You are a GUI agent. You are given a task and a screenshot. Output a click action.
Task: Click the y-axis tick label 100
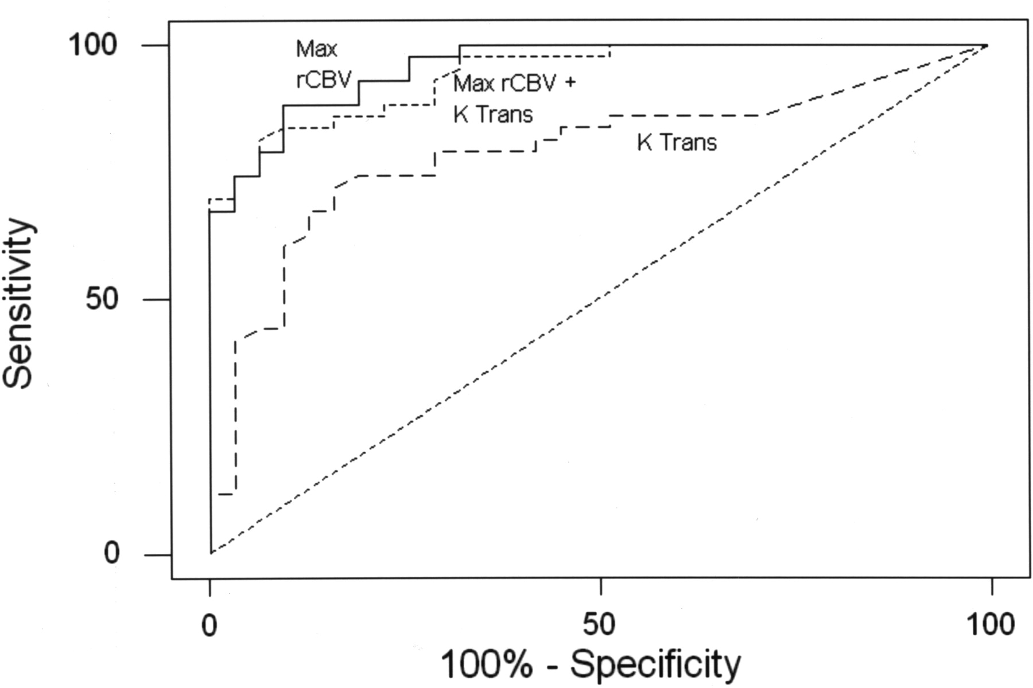click(x=93, y=45)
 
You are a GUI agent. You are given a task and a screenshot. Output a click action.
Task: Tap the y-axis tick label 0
click(x=112, y=554)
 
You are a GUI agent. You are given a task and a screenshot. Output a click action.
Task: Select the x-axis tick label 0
click(x=209, y=625)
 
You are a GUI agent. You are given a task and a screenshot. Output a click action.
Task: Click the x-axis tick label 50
click(x=600, y=625)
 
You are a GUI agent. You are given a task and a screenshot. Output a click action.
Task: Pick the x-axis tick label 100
click(x=989, y=625)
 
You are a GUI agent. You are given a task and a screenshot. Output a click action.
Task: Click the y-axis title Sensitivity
click(x=18, y=304)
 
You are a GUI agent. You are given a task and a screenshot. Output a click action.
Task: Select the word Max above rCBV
click(x=316, y=49)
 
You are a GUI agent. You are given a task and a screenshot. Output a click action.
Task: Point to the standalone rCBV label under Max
click(x=323, y=80)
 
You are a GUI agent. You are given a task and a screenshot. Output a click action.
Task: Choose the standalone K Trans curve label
click(x=677, y=142)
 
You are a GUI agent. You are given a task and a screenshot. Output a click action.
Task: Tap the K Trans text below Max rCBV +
click(x=492, y=115)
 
